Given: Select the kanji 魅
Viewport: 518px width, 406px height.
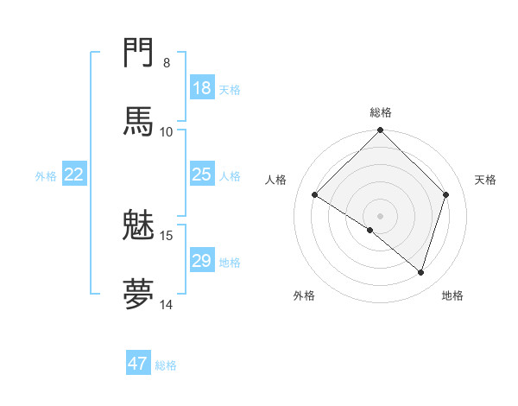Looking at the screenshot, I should tap(138, 225).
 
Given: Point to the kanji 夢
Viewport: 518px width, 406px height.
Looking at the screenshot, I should tap(138, 294).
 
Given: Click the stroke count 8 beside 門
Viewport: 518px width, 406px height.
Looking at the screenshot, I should tap(167, 62).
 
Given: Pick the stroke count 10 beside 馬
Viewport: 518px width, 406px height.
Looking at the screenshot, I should tap(167, 131).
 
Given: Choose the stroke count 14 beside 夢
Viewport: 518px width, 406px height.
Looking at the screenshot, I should tap(167, 304).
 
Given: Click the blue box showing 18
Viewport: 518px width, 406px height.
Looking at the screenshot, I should tap(202, 88).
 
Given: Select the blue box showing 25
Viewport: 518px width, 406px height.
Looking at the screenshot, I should tap(202, 174).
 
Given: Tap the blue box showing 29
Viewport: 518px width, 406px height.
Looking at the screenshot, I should tap(202, 261).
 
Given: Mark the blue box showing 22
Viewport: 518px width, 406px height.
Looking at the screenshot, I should tap(74, 174).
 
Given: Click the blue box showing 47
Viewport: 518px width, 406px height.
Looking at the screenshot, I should tap(138, 364).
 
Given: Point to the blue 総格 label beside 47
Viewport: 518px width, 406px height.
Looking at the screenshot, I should tap(166, 365).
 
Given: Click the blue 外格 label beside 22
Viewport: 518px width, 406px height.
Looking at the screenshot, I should tap(46, 176).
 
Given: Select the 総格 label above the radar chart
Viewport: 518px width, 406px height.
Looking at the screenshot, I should tap(381, 112).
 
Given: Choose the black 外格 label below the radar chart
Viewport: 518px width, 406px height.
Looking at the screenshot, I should tap(304, 296).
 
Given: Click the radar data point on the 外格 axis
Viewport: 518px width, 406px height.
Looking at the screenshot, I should tap(370, 230).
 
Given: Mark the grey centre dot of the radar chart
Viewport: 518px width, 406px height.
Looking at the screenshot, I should tap(381, 215).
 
